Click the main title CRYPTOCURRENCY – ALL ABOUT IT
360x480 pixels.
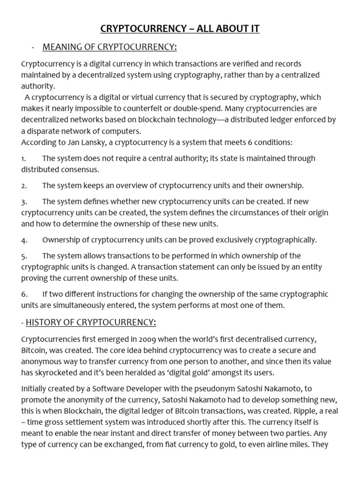pyautogui.click(x=180, y=29)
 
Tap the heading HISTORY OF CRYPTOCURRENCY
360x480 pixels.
pyautogui.click(x=91, y=322)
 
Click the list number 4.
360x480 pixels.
pyautogui.click(x=24, y=240)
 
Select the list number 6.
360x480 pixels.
pyautogui.click(x=24, y=294)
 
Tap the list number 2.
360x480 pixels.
pyautogui.click(x=24, y=186)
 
